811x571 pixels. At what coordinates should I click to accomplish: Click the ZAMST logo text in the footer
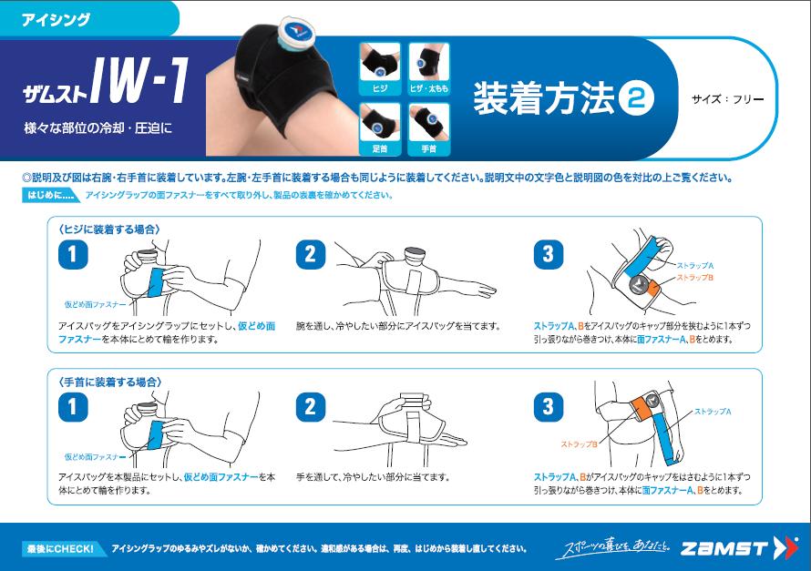pos(724,548)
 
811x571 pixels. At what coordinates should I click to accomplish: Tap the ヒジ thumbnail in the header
pos(380,68)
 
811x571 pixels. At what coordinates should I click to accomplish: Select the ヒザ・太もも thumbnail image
pos(429,68)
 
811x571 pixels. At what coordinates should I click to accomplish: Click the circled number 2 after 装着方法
pos(636,98)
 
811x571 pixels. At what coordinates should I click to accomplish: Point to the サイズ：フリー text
pos(728,98)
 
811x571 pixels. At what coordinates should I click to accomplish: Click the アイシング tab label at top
pos(56,20)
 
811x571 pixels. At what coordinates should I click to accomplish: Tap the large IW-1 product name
pos(139,80)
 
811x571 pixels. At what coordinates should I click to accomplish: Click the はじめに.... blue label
pos(49,195)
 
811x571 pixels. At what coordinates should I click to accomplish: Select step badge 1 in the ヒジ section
pos(73,254)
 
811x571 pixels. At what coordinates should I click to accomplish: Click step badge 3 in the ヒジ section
pos(549,254)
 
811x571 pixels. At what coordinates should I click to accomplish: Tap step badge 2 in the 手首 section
pos(311,407)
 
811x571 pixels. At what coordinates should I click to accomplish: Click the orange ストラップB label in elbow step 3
pos(695,278)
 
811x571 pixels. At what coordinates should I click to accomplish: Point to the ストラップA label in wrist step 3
pos(713,412)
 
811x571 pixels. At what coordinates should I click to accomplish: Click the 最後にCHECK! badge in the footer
pos(61,549)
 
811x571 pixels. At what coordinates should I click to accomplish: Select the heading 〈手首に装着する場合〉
pos(109,382)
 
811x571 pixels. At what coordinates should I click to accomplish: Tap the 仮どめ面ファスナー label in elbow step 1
pos(95,304)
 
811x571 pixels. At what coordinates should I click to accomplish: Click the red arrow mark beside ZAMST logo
pos(785,547)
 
